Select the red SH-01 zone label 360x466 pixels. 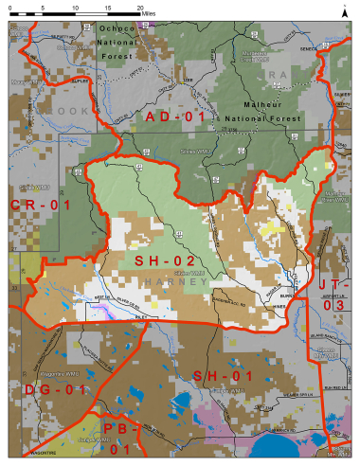[224, 376]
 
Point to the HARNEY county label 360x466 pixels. [167, 282]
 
